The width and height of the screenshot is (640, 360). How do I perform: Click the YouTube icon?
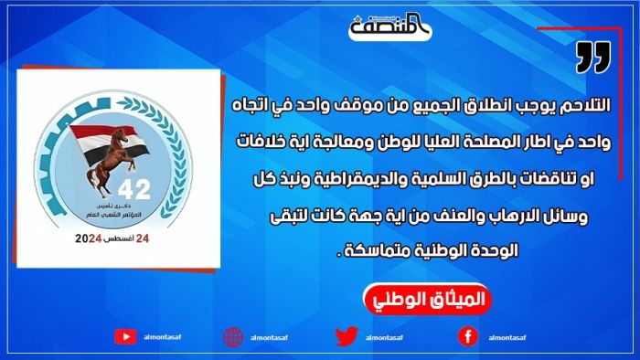click(126, 336)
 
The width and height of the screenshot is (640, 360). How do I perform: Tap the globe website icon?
click(234, 336)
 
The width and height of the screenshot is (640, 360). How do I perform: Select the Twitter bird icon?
click(346, 336)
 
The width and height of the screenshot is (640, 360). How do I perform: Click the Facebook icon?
click(466, 336)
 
